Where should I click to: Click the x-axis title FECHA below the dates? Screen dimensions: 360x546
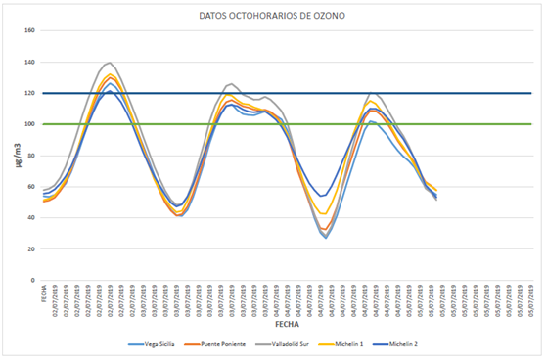[x=286, y=322]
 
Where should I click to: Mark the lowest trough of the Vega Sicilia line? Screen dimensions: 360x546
[x=325, y=238]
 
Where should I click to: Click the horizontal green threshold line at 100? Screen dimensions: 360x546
[x=470, y=124]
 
